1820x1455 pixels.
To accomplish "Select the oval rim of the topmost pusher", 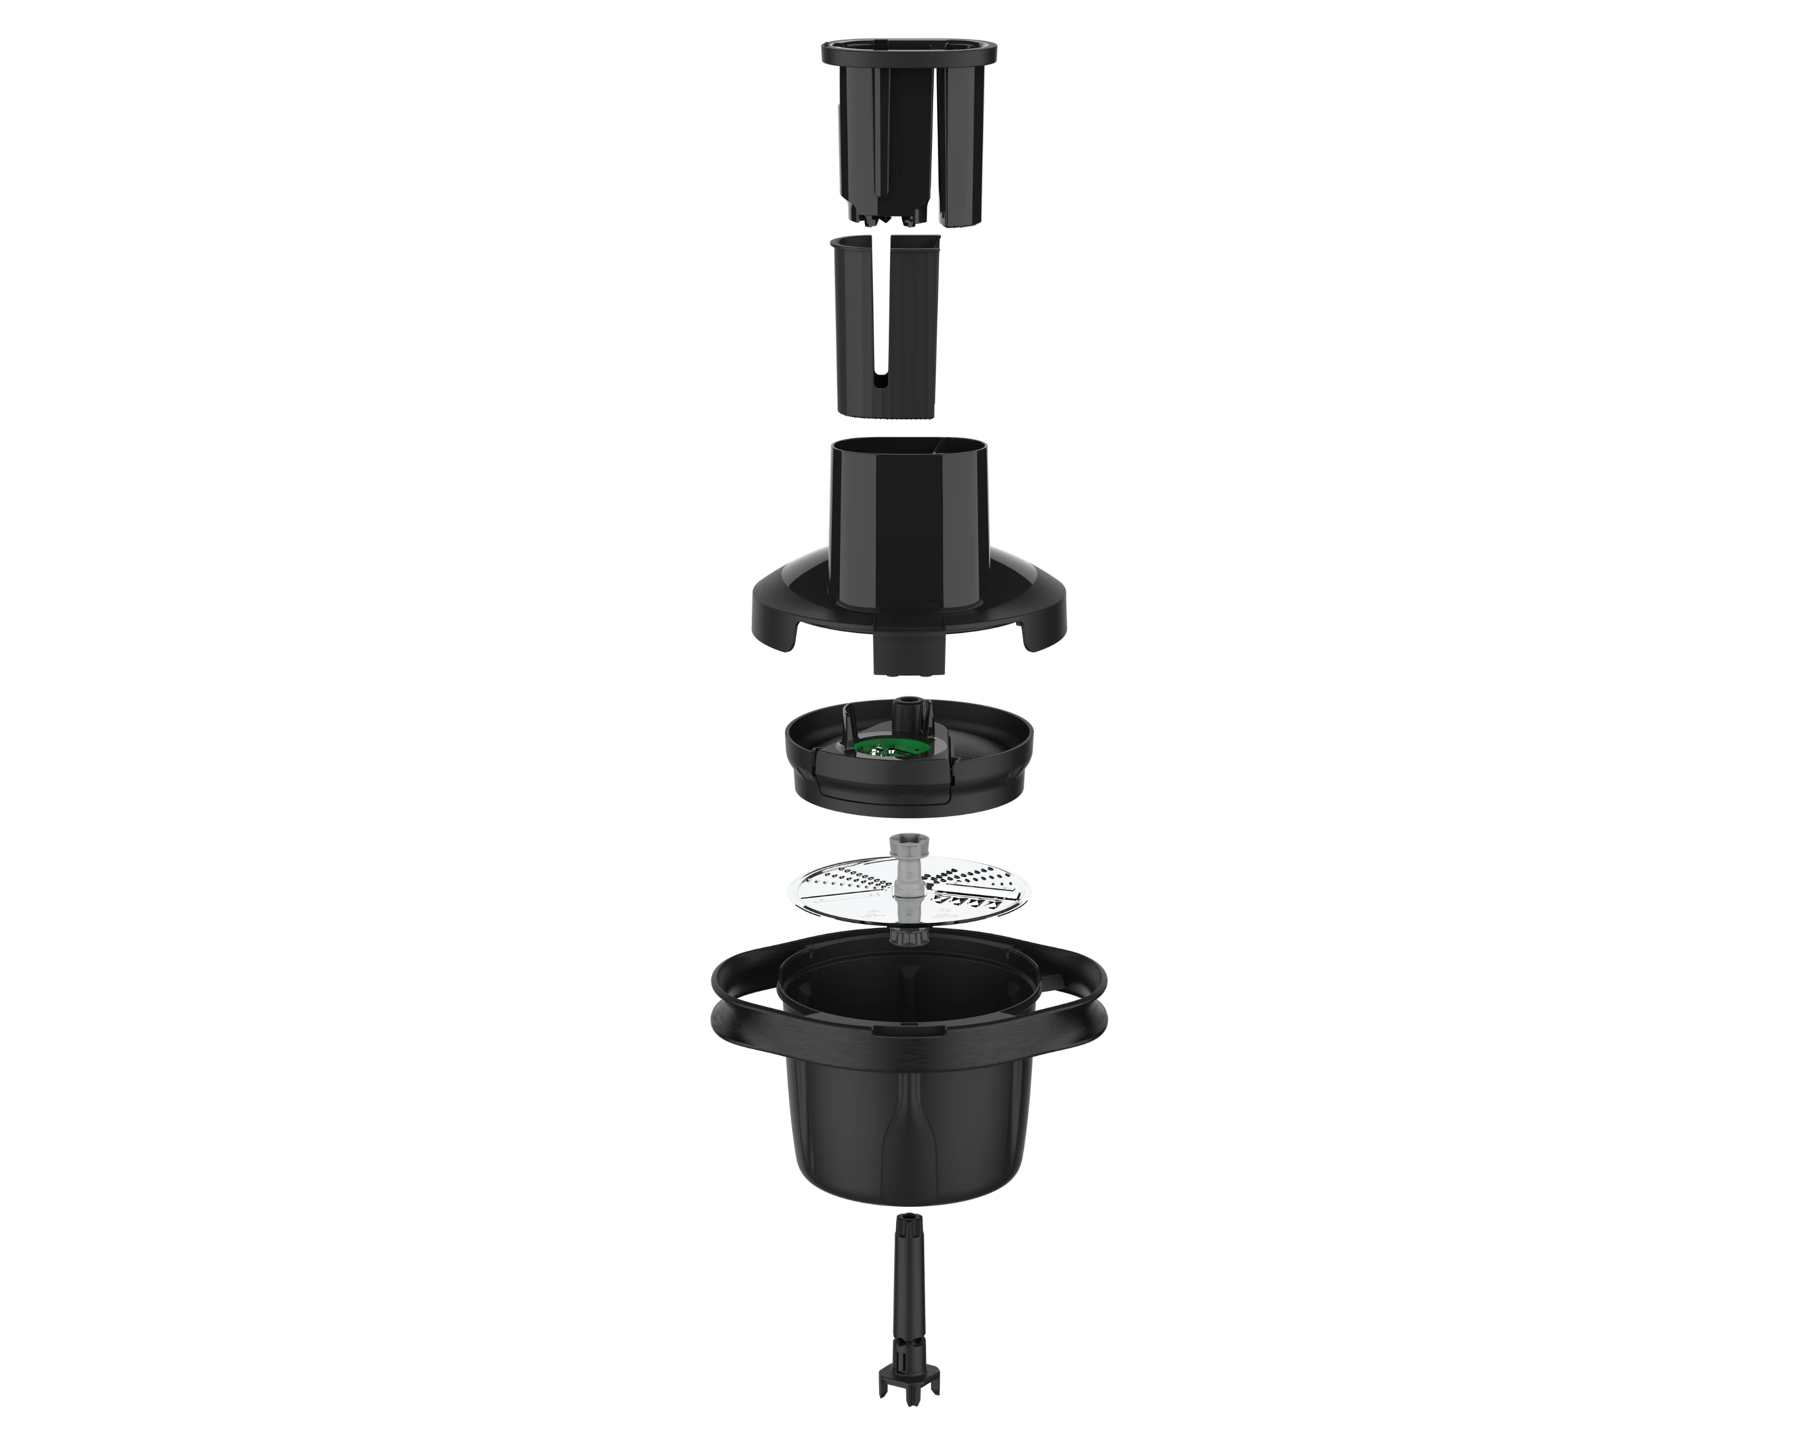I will click(906, 52).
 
